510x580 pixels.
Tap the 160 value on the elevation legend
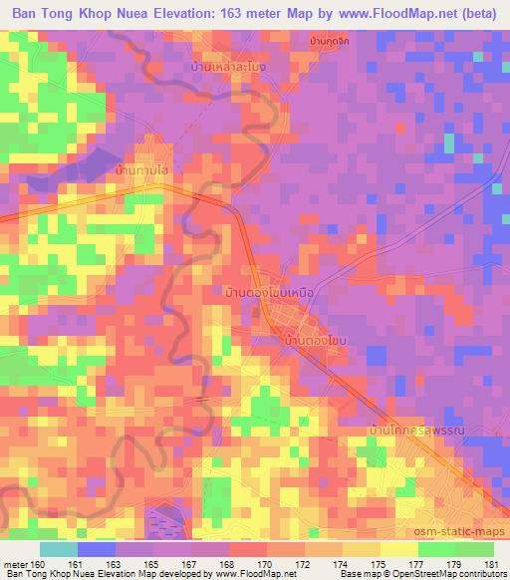pos(37,564)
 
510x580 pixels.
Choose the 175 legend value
pos(381,564)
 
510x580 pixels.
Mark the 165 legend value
pos(151,564)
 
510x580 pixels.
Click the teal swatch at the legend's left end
pos(59,548)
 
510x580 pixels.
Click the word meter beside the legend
pos(15,564)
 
